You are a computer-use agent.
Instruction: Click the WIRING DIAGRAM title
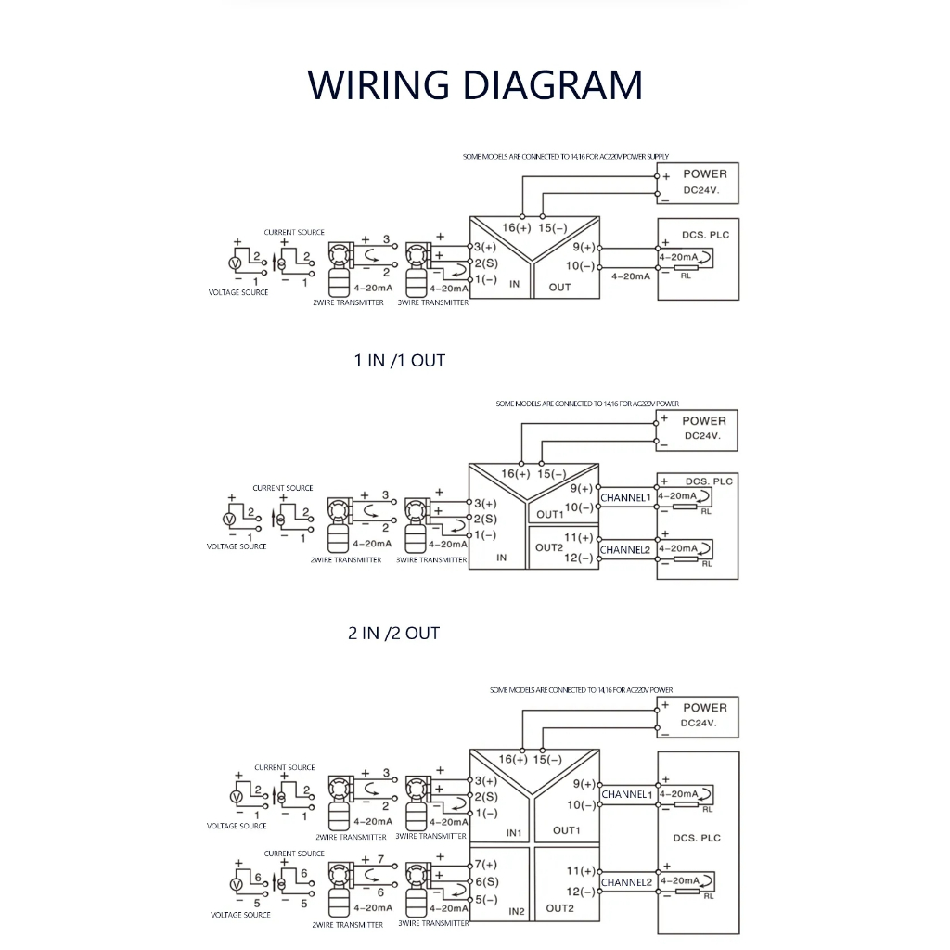coord(475,84)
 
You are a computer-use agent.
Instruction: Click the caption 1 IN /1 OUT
coord(399,360)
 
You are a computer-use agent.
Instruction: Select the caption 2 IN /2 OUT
coord(393,633)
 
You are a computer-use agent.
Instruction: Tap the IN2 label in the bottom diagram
coord(517,912)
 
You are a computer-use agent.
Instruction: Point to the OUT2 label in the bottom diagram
coord(559,908)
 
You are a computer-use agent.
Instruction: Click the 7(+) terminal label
coord(485,865)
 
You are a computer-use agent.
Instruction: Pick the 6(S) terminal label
coord(485,881)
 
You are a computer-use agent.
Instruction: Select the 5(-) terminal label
coord(485,899)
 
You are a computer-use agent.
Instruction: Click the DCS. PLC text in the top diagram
coord(707,235)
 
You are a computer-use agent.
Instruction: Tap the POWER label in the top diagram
coord(705,173)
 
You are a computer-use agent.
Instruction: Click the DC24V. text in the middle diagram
coord(703,436)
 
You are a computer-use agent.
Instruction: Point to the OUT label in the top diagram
coord(560,287)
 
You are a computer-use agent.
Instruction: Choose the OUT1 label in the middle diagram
coord(549,514)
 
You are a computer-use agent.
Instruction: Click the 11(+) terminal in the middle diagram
coord(578,537)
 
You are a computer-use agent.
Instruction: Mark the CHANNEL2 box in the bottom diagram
coord(627,881)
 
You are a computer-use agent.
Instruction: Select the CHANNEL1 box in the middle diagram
coord(627,498)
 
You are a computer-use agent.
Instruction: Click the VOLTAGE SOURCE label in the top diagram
coord(238,292)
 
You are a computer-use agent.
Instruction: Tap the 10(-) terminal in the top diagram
coord(580,266)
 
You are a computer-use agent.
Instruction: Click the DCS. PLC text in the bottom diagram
coord(697,838)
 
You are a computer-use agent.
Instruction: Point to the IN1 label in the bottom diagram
coord(515,833)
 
